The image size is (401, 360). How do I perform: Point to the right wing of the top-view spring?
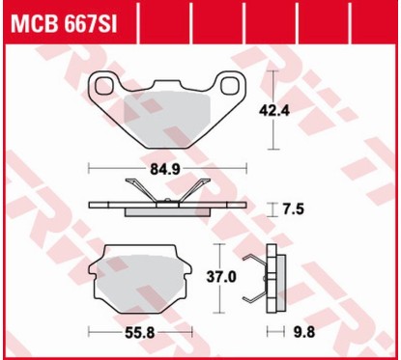[x=197, y=192]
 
